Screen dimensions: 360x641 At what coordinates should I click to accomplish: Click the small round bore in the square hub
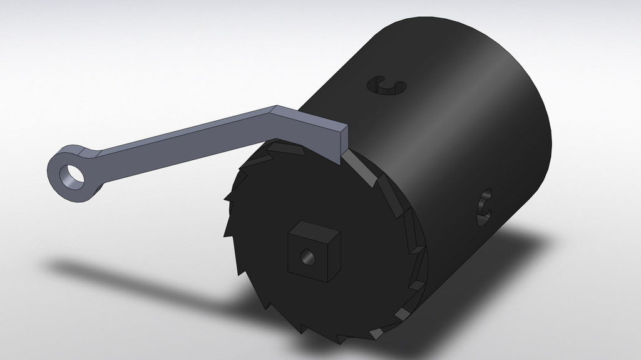[307, 256]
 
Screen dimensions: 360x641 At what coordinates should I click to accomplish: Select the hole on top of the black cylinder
[386, 86]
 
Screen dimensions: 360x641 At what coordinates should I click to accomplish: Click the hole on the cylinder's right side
[485, 207]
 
